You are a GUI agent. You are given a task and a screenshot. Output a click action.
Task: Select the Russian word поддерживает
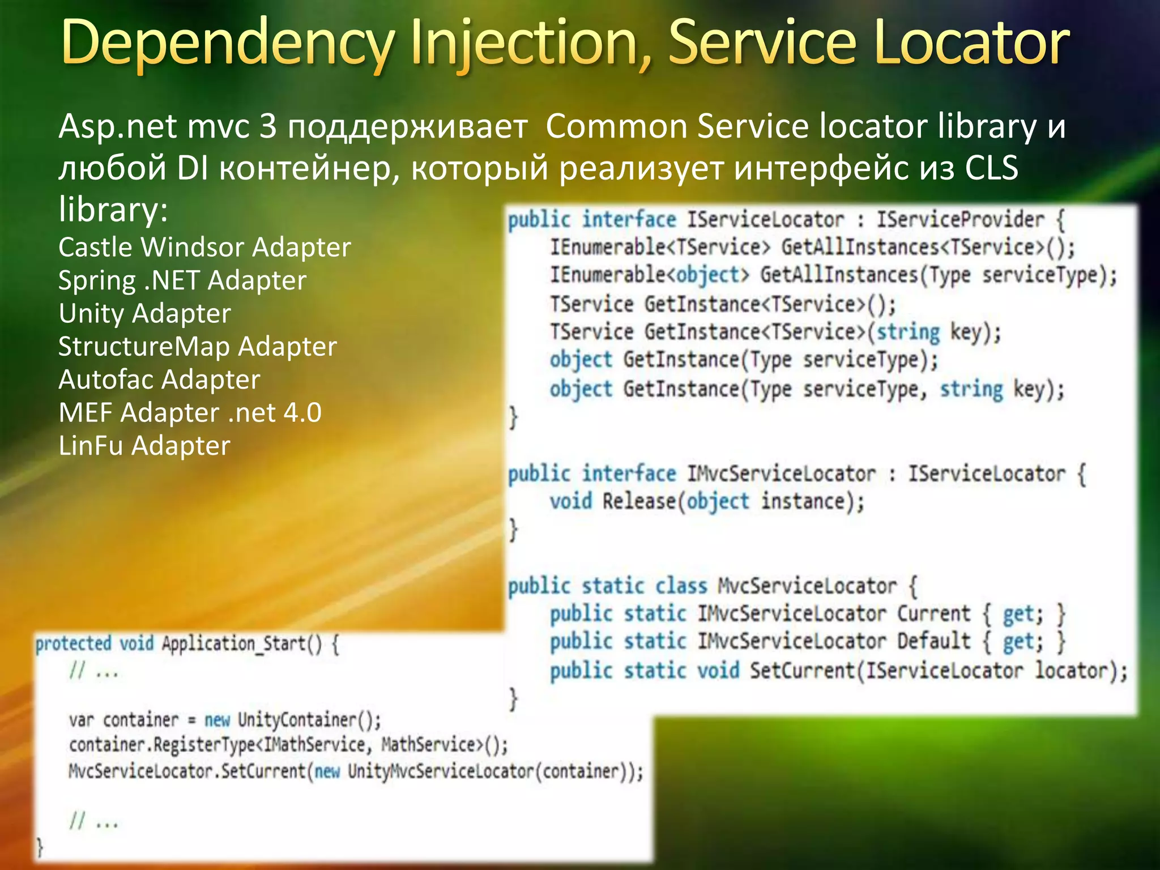(x=407, y=126)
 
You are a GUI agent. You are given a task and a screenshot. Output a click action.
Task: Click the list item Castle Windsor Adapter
(x=204, y=248)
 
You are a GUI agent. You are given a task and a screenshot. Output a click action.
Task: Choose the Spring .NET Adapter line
(x=182, y=280)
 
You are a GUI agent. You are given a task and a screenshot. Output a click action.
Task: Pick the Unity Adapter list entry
(x=145, y=313)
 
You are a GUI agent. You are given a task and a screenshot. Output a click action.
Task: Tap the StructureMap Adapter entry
(x=198, y=347)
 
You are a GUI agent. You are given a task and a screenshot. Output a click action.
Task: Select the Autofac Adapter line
(x=159, y=379)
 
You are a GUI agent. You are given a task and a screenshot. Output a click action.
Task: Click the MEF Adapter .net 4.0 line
(x=190, y=412)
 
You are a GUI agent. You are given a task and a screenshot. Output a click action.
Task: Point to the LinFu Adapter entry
(x=144, y=446)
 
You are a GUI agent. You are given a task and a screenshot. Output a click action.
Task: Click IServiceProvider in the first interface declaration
(x=960, y=220)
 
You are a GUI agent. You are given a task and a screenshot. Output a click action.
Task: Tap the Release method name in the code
(x=639, y=501)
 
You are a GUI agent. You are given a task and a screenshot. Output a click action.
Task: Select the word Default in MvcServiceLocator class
(x=933, y=641)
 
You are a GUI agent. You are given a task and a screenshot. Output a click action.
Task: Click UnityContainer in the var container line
(x=297, y=720)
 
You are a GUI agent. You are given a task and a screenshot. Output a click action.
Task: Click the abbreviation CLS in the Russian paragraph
(x=991, y=168)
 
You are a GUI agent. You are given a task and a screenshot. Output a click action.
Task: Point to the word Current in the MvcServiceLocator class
(x=933, y=613)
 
